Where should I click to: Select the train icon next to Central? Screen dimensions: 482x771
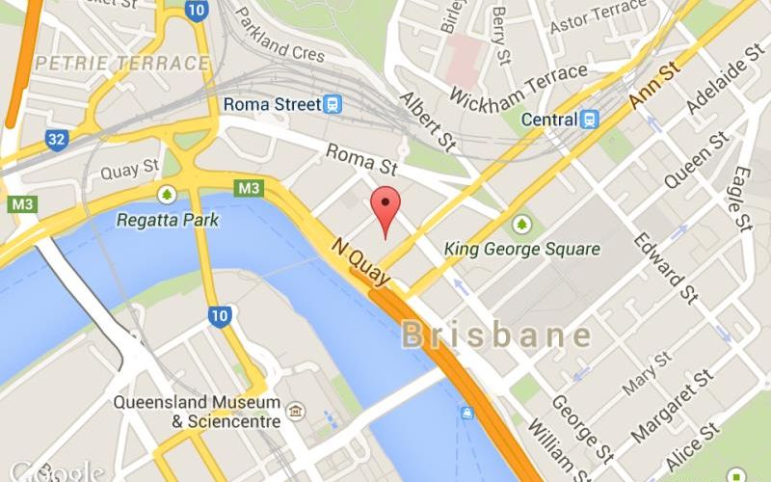click(x=589, y=120)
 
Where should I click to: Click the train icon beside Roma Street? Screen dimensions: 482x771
click(x=332, y=103)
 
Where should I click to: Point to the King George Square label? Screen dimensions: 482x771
click(x=521, y=249)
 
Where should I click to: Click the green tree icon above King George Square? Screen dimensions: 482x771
click(x=522, y=224)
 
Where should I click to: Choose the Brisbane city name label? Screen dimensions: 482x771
click(x=496, y=335)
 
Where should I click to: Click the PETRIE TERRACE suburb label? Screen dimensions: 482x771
click(x=121, y=64)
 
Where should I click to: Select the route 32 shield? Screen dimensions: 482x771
click(x=57, y=141)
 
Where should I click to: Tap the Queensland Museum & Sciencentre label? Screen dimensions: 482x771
click(x=198, y=412)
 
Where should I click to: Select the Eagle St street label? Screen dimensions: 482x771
click(x=740, y=199)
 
